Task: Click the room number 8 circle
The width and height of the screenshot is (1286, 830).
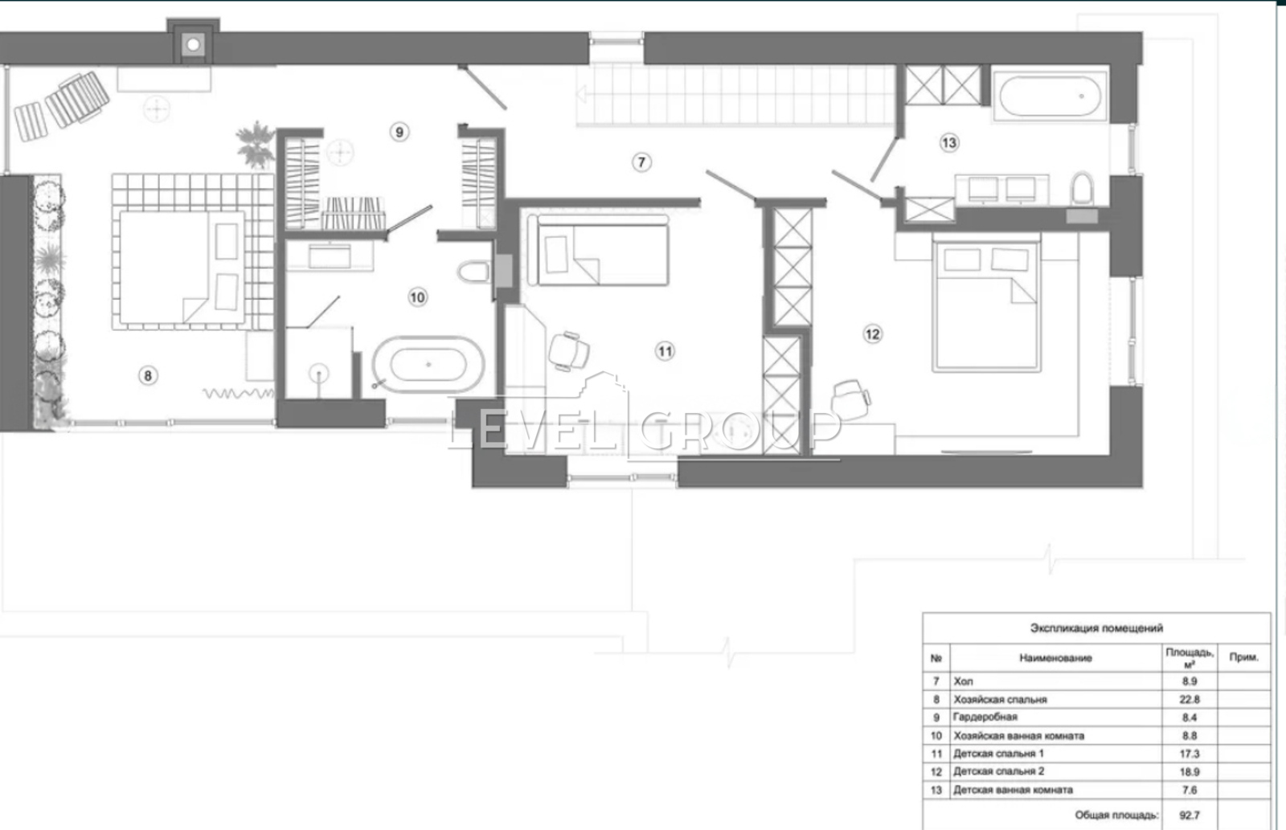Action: click(148, 376)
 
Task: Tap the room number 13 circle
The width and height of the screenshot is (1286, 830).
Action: click(949, 142)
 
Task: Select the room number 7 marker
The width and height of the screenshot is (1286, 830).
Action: click(642, 162)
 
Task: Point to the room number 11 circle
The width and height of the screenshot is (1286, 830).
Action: click(665, 351)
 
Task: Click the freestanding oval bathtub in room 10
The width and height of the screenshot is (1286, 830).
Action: click(428, 365)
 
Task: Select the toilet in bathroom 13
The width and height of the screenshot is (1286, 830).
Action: click(1082, 188)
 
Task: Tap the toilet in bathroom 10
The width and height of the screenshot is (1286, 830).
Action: click(473, 272)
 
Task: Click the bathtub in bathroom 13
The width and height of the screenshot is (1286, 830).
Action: click(1051, 96)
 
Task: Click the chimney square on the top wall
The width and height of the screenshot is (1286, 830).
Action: click(194, 44)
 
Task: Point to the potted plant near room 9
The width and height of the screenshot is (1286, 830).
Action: click(255, 145)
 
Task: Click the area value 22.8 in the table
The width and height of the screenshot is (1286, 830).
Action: click(1190, 700)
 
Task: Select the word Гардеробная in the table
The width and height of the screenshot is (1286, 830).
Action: click(985, 718)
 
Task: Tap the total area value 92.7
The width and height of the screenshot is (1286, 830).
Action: click(1190, 815)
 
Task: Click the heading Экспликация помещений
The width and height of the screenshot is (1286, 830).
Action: click(1096, 628)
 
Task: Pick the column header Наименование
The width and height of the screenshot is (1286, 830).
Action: click(1056, 658)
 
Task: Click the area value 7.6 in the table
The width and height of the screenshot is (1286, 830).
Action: click(1190, 791)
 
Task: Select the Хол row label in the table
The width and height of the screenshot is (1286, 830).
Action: click(964, 681)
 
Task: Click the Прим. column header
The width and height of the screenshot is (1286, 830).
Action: click(1244, 657)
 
